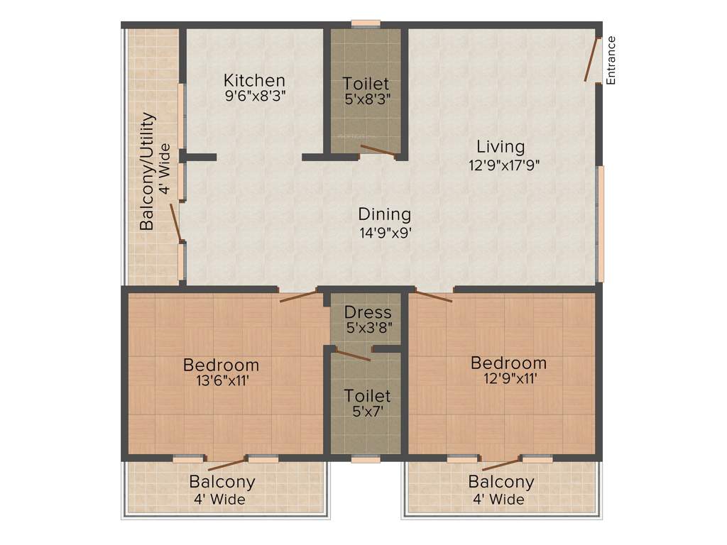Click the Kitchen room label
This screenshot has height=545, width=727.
click(x=254, y=80)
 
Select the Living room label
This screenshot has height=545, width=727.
click(x=501, y=147)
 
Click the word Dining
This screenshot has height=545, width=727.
click(x=384, y=214)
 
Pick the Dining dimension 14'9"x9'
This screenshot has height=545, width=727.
click(x=386, y=231)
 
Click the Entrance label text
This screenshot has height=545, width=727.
click(x=611, y=60)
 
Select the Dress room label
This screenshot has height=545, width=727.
click(x=368, y=312)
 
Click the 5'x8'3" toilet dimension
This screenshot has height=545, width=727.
click(x=366, y=99)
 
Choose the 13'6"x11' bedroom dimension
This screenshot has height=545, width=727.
click(x=222, y=381)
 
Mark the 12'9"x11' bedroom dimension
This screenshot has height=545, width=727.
click(x=509, y=379)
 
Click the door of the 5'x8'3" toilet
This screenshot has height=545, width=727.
click(x=378, y=150)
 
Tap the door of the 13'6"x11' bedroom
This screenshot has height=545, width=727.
click(x=298, y=296)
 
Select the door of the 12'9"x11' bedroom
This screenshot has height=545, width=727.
click(x=434, y=297)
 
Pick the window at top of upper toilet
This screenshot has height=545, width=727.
click(x=366, y=23)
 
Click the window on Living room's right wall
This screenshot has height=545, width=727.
click(x=601, y=224)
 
